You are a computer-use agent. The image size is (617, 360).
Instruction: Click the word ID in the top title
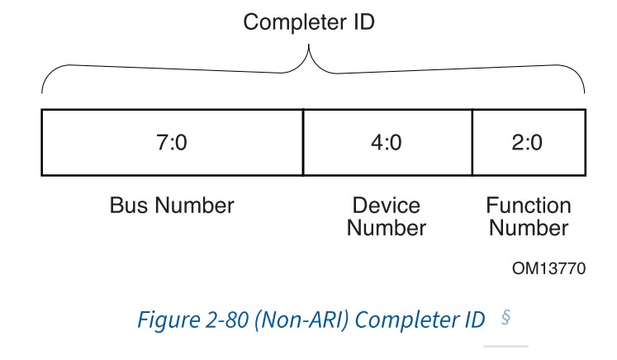coord(363,22)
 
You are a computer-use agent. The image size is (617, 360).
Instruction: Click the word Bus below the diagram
coord(127,205)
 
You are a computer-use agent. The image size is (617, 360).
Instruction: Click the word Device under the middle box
coord(386,205)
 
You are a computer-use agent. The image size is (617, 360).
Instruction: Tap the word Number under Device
coord(386,227)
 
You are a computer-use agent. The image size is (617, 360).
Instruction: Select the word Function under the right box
coord(529,205)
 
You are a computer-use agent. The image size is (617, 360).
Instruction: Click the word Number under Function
coord(529,227)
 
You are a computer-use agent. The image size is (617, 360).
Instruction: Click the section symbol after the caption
coord(505,318)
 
